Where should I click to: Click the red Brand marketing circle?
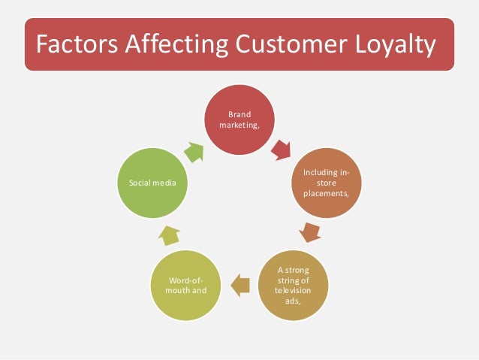coord(240,121)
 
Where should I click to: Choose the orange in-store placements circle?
coord(326,183)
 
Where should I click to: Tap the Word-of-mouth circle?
coord(187,283)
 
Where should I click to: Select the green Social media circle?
coord(153,183)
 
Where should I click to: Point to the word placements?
coord(326,193)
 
